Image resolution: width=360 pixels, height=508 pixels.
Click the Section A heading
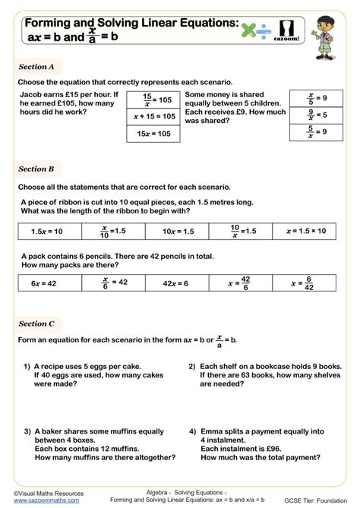(x=36, y=67)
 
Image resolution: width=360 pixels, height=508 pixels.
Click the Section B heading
(x=36, y=169)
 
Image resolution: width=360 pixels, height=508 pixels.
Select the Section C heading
(x=36, y=323)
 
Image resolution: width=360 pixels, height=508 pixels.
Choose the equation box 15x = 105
(x=153, y=134)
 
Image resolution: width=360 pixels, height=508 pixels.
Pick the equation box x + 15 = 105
(x=153, y=116)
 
